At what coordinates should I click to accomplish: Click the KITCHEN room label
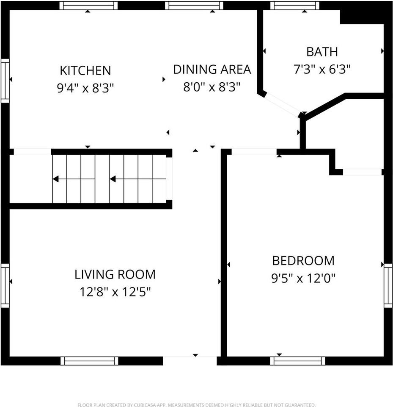tap(85, 70)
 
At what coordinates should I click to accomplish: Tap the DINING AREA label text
tap(212, 69)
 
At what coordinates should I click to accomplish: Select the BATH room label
tap(322, 52)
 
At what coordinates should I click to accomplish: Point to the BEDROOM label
tap(303, 260)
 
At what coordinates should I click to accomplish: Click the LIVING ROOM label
tap(115, 274)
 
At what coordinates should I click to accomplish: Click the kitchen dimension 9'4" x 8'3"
tap(85, 88)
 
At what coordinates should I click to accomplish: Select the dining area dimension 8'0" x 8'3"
tap(212, 87)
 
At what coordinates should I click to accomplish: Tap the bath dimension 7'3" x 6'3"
tap(322, 70)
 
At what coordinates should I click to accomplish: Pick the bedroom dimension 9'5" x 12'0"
tap(303, 279)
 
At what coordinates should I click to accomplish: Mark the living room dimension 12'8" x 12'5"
tap(115, 292)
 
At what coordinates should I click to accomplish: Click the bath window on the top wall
tap(295, 6)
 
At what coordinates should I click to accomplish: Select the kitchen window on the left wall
tap(5, 81)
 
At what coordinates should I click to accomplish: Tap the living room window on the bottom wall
tap(89, 361)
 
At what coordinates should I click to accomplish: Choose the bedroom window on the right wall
tap(388, 285)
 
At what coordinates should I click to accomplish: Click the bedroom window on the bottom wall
tap(298, 361)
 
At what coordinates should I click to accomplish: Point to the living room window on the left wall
tap(5, 286)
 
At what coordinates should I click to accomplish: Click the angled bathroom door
tap(282, 104)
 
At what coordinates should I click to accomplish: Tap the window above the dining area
tap(194, 6)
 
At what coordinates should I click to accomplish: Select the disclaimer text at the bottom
tap(196, 405)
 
